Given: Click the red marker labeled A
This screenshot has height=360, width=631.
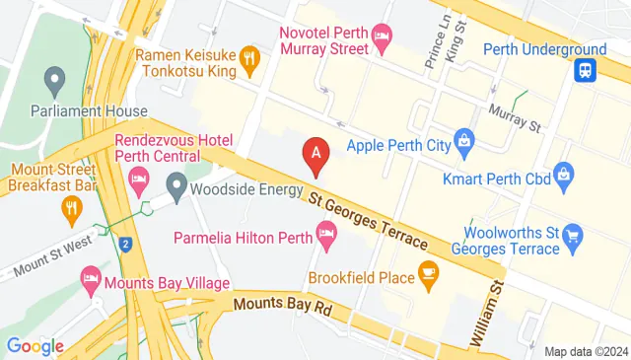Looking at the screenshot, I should pos(315,153).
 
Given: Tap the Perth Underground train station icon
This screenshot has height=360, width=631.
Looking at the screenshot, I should pos(586,69).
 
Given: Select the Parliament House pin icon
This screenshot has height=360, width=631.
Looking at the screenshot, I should pos(55,77).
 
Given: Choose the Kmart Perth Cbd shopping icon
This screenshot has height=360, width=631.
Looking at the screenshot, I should pos(563,177).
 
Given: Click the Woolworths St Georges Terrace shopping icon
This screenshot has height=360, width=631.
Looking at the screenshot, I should pos(573,235).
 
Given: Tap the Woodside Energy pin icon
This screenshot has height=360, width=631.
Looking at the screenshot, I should pos(176,183).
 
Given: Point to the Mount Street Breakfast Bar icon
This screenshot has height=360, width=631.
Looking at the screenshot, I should pos(71,208).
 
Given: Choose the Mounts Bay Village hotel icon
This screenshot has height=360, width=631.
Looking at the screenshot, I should pos(92,277).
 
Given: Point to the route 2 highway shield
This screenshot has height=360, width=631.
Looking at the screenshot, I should pos(125,243).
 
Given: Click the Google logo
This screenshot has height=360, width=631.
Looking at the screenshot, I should pos(35,345).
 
